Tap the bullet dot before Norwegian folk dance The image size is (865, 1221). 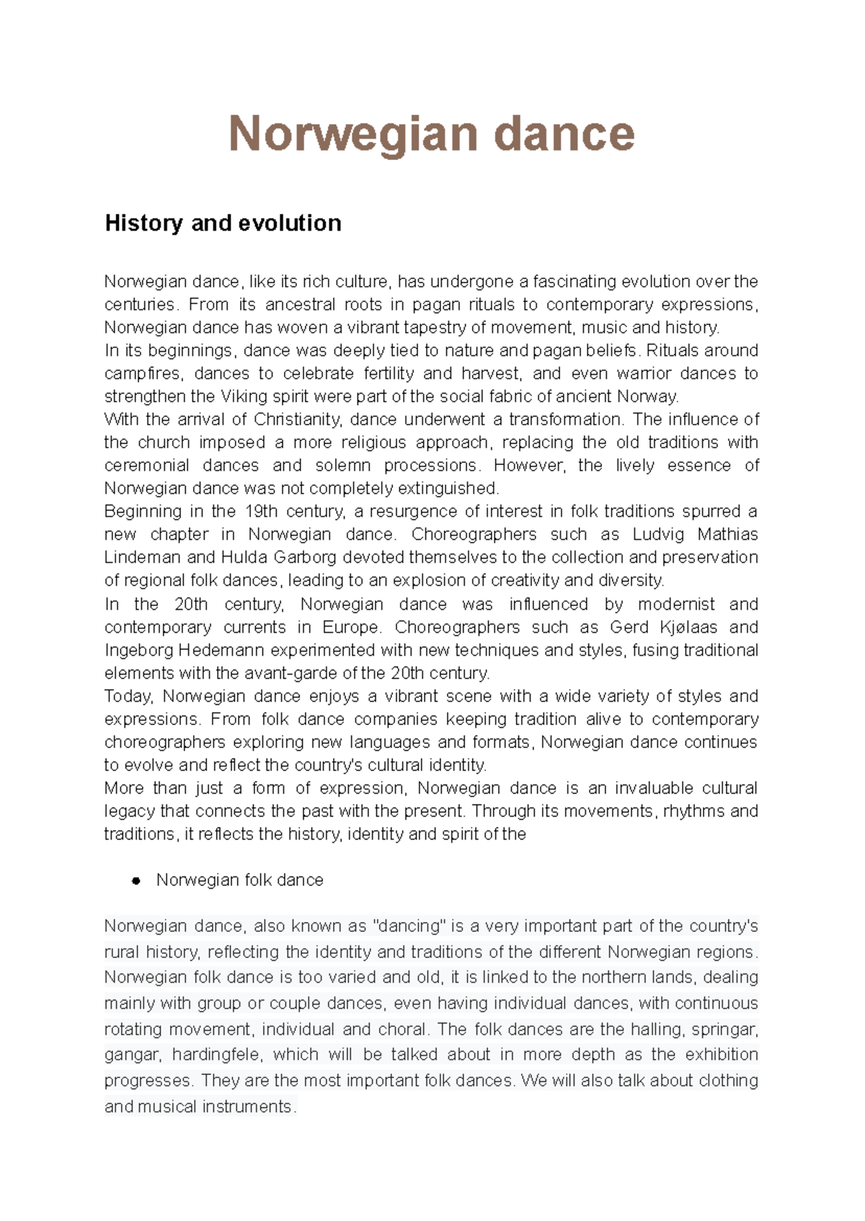click(x=135, y=881)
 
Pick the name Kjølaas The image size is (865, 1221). click(x=689, y=627)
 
